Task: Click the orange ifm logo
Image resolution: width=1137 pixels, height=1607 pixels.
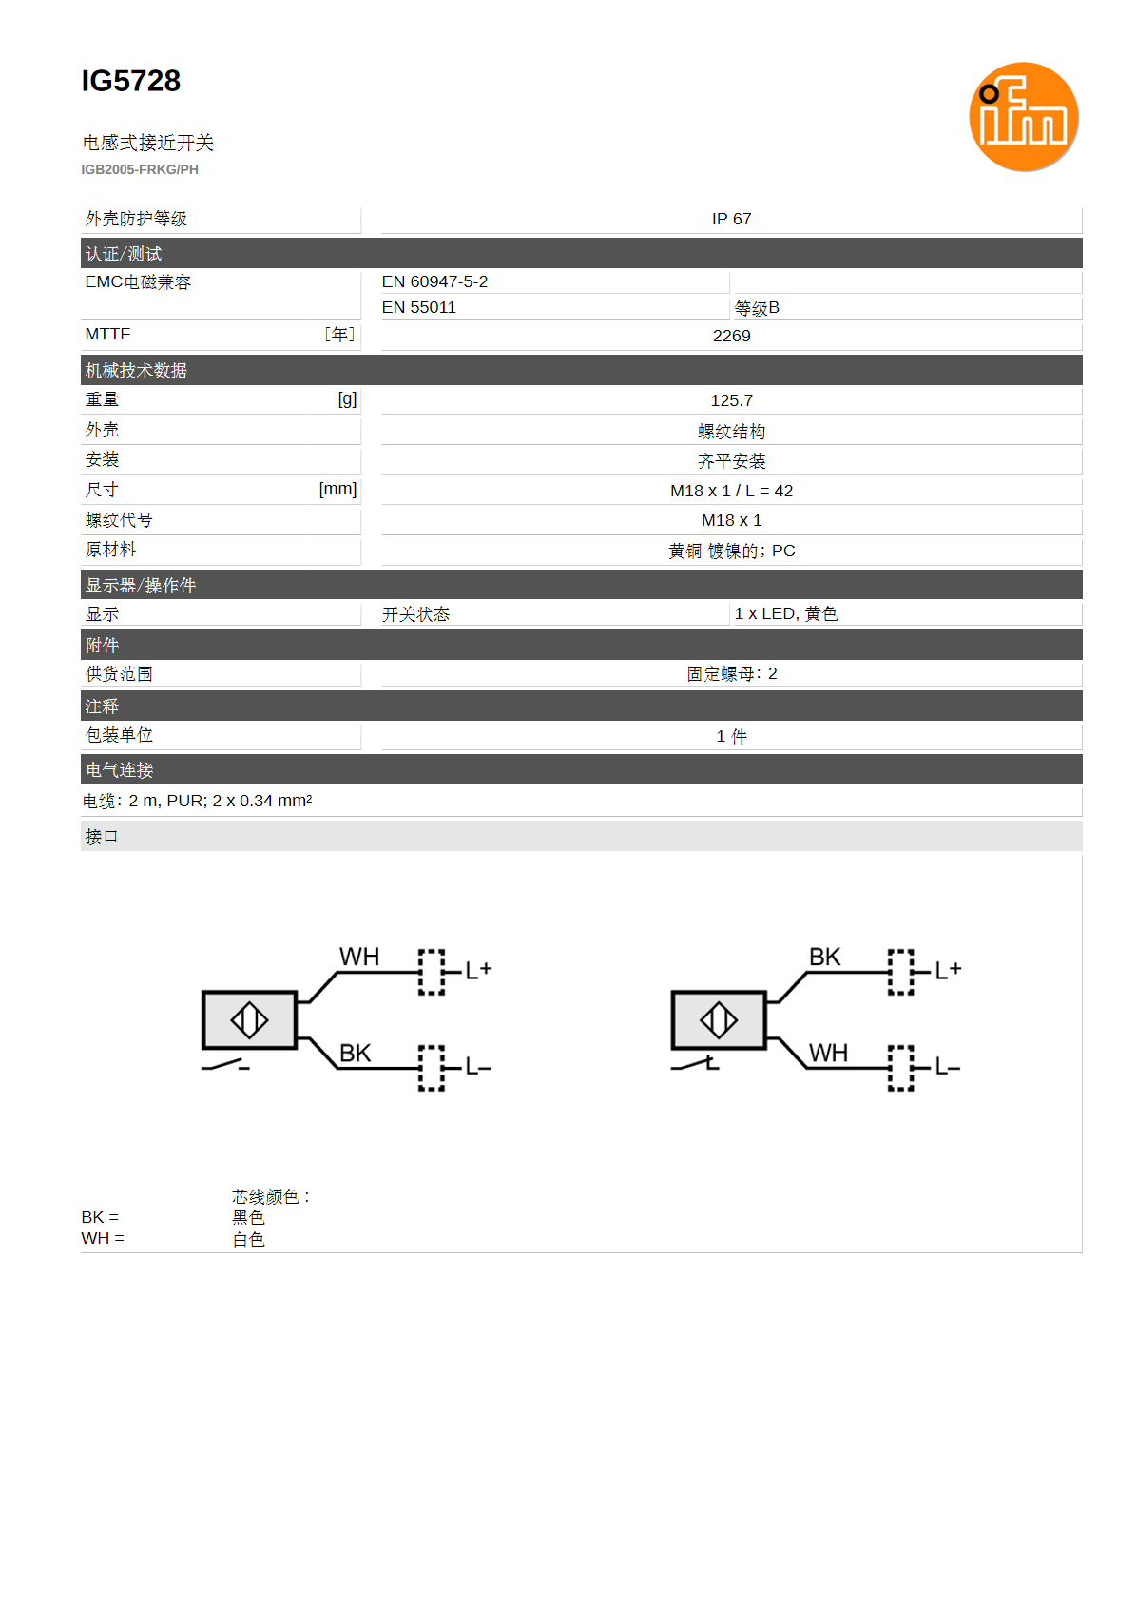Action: [x=1023, y=117]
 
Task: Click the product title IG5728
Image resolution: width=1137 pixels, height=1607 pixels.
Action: [x=130, y=81]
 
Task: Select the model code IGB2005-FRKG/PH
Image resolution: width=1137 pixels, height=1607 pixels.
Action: [x=140, y=169]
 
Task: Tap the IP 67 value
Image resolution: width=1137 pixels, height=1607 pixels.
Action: [x=731, y=219]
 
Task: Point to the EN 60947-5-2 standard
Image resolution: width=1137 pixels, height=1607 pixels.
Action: [x=434, y=281]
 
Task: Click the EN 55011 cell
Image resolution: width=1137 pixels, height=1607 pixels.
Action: [x=419, y=307]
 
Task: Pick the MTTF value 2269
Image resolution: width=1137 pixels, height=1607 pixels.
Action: [x=731, y=336]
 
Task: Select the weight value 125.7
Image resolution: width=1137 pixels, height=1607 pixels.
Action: [x=731, y=400]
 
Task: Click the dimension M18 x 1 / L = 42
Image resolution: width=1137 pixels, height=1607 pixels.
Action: [x=731, y=491]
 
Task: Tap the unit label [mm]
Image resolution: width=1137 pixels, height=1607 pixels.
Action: [x=337, y=490]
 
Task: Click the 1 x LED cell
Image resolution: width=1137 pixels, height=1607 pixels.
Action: [x=785, y=613]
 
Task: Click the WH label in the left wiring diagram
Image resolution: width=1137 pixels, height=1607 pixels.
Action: [x=358, y=957]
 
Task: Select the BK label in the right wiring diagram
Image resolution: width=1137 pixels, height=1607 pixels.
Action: [x=824, y=957]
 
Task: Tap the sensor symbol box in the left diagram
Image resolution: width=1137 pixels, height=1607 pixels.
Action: [x=249, y=1019]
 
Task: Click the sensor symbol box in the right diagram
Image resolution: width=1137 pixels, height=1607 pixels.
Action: [x=718, y=1019]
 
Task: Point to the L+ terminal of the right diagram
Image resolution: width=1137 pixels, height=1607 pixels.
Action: [x=947, y=971]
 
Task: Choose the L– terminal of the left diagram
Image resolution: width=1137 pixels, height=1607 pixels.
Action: [x=478, y=1067]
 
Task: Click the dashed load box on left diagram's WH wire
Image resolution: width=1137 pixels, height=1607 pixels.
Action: [x=431, y=972]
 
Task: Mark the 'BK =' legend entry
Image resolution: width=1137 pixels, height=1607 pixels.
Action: [x=100, y=1217]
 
